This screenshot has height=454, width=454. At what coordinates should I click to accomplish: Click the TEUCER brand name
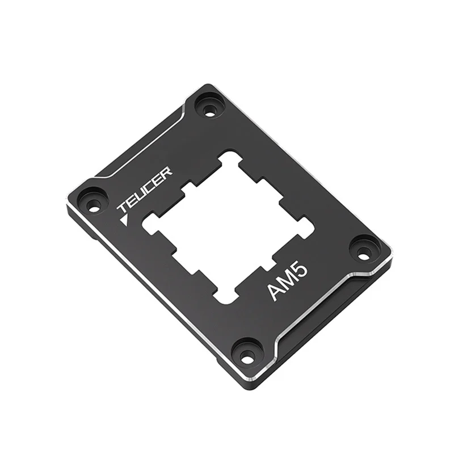click(x=145, y=190)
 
